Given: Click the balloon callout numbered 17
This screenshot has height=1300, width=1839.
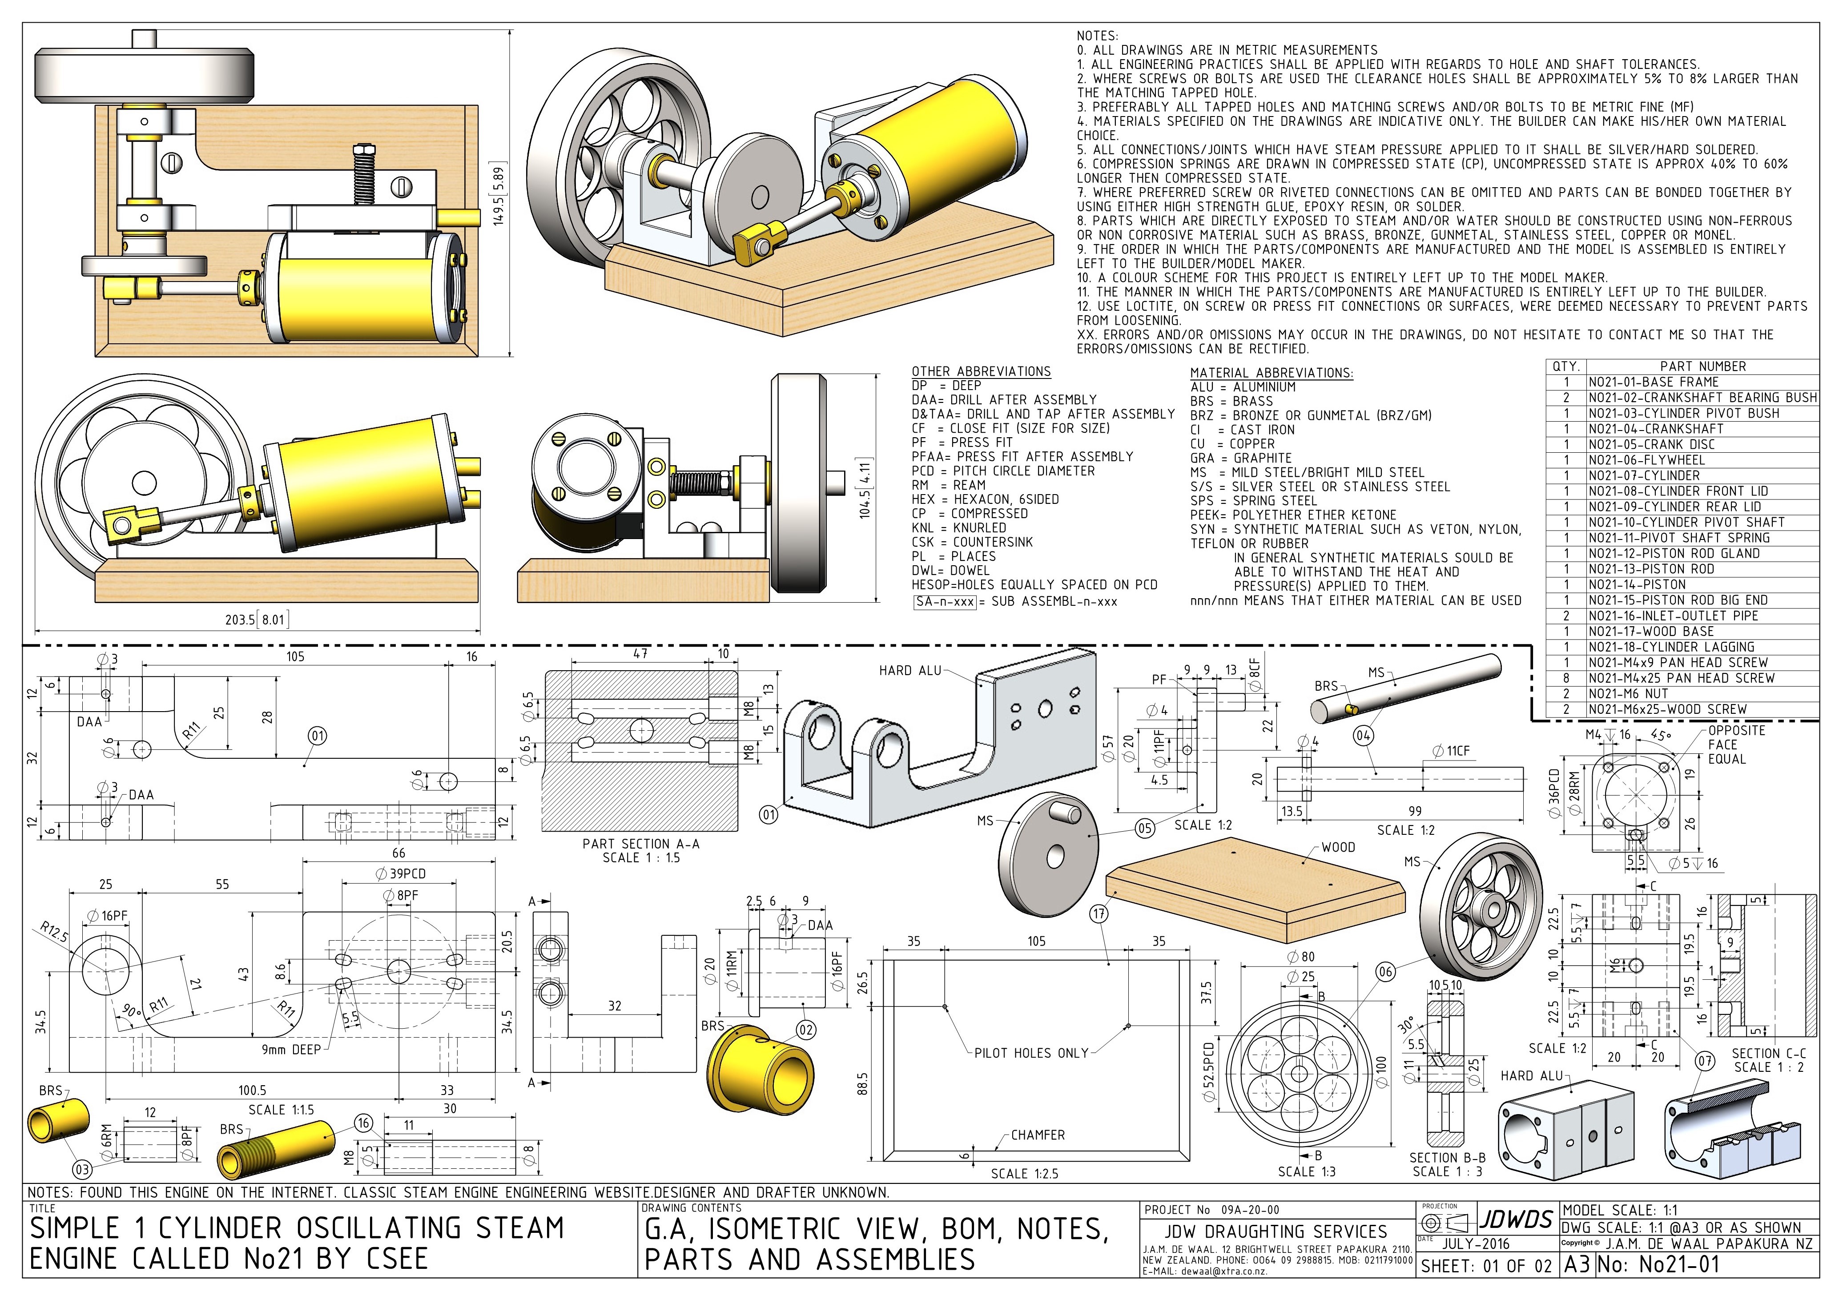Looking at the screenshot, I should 1099,914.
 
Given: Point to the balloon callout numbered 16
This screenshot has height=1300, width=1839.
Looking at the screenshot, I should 364,1123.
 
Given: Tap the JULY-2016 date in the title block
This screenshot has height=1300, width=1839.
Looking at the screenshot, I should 1475,1244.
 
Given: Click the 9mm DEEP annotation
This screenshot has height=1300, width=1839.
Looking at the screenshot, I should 292,1049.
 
